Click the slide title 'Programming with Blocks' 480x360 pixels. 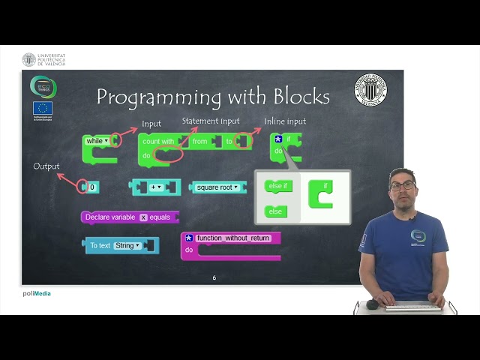(x=213, y=97)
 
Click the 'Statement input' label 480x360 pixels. (x=211, y=121)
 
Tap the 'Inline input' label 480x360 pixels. (x=285, y=121)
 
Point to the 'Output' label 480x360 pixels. (x=46, y=166)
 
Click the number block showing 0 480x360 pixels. (x=91, y=187)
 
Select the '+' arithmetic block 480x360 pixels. (x=155, y=187)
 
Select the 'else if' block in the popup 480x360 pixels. (x=278, y=186)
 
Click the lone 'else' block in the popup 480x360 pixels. (x=275, y=211)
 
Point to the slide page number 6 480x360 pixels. (x=214, y=277)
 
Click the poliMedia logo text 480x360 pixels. (x=37, y=293)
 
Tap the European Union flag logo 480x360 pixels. (x=43, y=108)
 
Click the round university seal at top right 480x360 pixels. (x=370, y=89)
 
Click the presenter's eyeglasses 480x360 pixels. (x=403, y=185)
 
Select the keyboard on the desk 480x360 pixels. (x=412, y=305)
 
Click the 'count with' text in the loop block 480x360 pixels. (x=158, y=141)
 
